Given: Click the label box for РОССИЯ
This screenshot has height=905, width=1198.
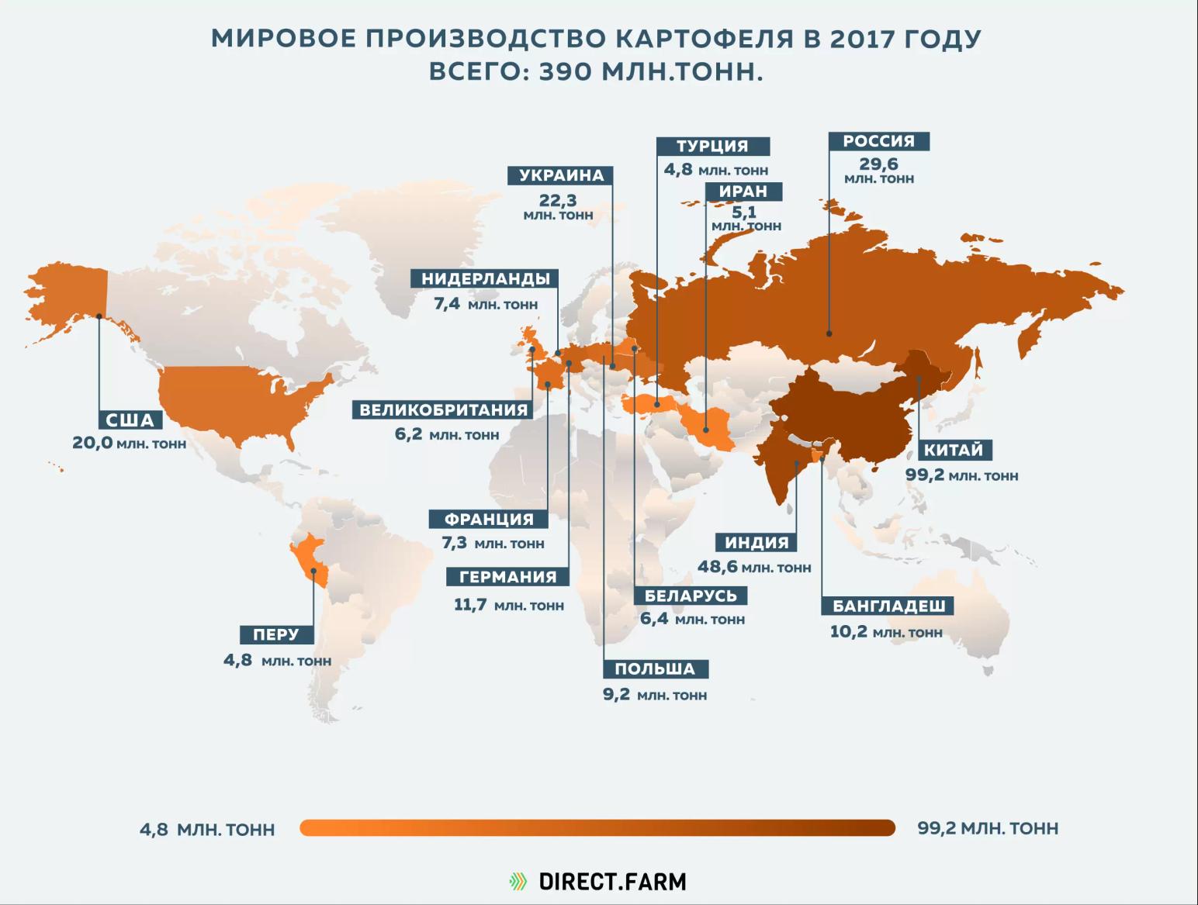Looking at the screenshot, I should point(878,141).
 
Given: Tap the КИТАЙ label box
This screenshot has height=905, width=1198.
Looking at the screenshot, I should point(953,450).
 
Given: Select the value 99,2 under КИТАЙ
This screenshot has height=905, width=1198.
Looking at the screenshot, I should point(925,475).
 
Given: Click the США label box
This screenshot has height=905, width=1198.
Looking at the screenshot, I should point(130,420).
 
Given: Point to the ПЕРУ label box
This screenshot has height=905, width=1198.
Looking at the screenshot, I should point(275,634).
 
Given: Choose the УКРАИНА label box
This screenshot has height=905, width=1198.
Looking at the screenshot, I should point(561,175).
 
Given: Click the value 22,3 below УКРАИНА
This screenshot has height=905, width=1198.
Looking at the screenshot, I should point(558,201).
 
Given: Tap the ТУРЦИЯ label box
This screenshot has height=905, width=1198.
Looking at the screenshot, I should point(712,147).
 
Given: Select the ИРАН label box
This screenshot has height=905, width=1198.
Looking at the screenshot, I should point(743,192).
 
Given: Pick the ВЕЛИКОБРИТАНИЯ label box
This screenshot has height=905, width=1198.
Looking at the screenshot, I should point(443,409).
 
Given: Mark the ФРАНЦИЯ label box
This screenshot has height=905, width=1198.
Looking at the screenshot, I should point(489,519).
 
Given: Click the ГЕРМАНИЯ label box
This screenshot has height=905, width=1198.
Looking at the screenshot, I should point(507,577).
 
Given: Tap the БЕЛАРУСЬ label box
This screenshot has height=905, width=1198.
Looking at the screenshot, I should point(691,596).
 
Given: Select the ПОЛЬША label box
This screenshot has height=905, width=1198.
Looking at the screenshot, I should point(655,669).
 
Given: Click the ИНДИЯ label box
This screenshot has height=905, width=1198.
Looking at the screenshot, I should point(757,543).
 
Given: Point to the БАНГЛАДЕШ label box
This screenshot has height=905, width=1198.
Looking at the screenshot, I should point(888,606).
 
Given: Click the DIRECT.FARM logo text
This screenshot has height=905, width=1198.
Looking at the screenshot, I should point(612,882).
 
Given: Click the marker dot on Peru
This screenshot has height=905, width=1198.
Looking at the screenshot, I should point(313,572).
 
